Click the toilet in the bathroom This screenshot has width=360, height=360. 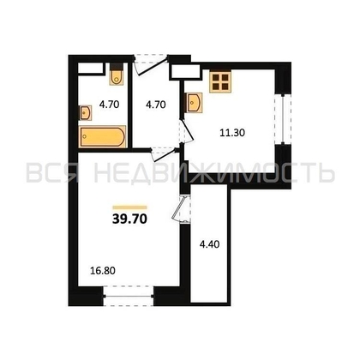(117, 78)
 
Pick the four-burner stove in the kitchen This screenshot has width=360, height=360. (222, 81)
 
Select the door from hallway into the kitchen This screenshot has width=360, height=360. (183, 129)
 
